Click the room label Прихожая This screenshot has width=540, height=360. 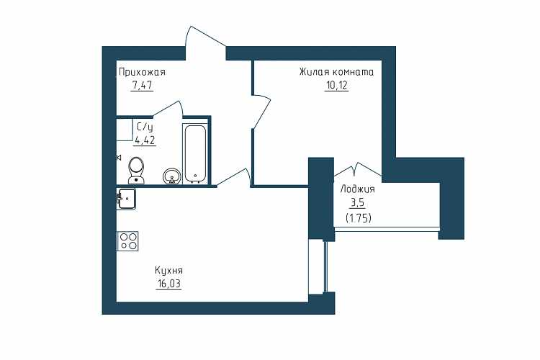pos(142,72)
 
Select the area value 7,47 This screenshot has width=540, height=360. pos(142,85)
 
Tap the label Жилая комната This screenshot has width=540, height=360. pos(336,72)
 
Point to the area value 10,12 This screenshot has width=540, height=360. pos(336,85)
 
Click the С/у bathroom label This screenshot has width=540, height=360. pos(145,127)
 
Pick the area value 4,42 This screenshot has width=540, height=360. pos(145,140)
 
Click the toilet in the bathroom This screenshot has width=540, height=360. pos(136,171)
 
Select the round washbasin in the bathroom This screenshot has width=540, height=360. pos(171,176)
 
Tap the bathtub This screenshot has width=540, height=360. pos(195,153)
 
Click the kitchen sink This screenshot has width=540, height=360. pos(126,199)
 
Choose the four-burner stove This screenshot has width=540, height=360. pos(127,240)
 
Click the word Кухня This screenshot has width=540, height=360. pos(168,271)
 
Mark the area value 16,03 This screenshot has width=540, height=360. pos(168,284)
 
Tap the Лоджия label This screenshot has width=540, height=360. pos(357,189)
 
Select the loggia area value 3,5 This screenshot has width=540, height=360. pos(357,203)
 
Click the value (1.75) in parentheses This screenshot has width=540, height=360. pos(358,218)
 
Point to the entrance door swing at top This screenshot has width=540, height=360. pos(206,36)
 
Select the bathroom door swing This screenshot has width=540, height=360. pos(168,109)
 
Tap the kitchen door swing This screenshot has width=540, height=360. pos(233,178)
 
